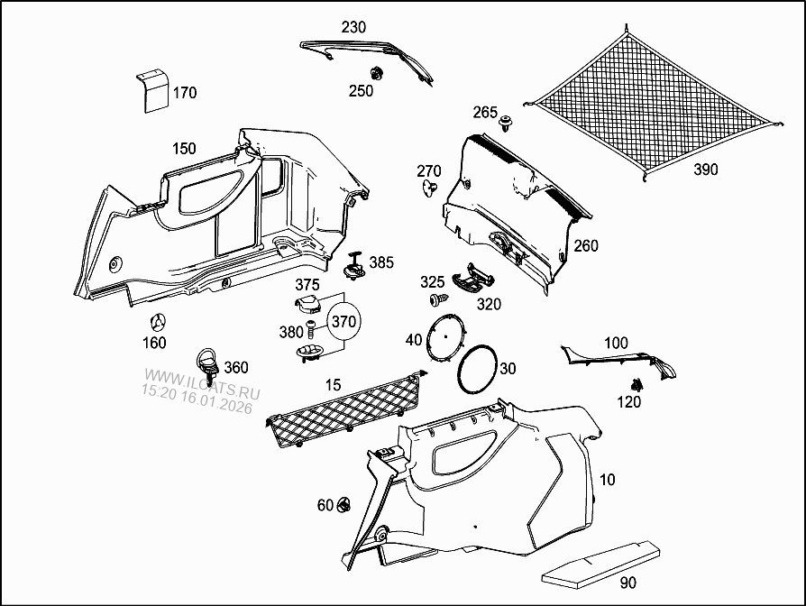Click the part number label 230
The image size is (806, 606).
pos(353,27)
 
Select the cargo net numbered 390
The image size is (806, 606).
pos(653,103)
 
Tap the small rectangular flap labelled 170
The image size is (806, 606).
pos(152,90)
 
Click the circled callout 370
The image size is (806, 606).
pos(343,322)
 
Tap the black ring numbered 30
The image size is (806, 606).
pos(478,370)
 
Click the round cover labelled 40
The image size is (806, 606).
pos(446,336)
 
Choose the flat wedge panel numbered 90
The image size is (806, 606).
pos(601,564)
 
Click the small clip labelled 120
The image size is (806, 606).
pos(637,384)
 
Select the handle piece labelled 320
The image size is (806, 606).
pos(472,279)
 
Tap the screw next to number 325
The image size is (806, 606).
pos(438,299)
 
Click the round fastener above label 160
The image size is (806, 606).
pos(158,323)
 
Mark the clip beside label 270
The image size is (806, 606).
pos(430,188)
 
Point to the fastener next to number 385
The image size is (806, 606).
pos(354,266)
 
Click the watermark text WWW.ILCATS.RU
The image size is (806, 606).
pos(202,384)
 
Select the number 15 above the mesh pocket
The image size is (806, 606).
pos(333,385)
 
